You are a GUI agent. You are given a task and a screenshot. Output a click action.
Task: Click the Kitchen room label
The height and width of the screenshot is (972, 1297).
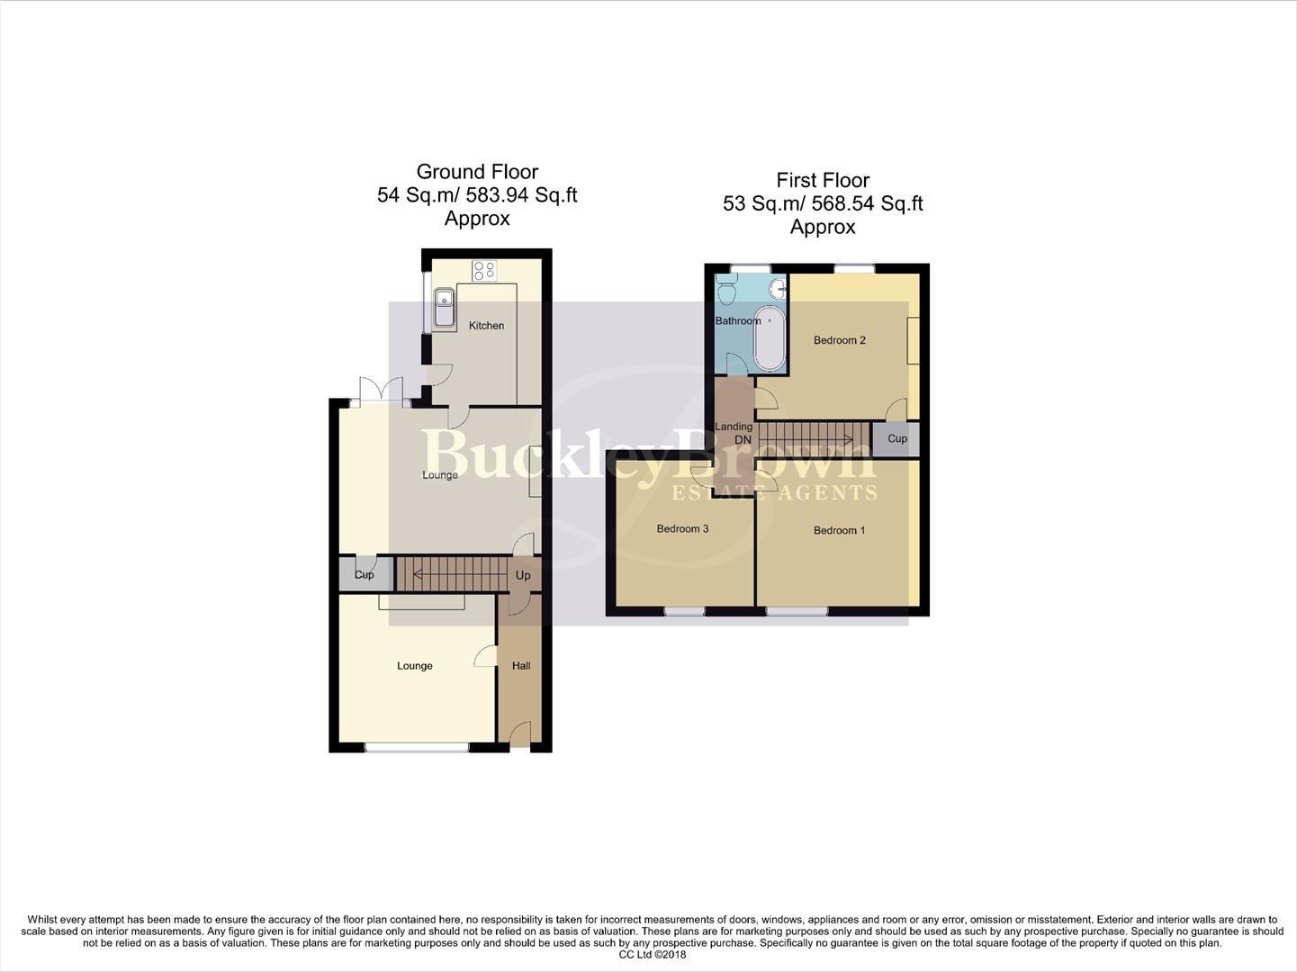[486, 326]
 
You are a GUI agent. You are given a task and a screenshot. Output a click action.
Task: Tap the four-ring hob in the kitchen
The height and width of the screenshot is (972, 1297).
[484, 269]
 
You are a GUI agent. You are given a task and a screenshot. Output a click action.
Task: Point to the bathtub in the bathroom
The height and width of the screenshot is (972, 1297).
[770, 338]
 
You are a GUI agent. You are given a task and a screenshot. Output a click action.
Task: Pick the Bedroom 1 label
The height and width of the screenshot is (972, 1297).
[839, 530]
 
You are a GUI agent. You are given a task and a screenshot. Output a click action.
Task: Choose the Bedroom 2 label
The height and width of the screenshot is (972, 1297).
[839, 340]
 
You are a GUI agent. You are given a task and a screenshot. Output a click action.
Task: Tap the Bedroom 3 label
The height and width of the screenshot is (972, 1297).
[682, 528]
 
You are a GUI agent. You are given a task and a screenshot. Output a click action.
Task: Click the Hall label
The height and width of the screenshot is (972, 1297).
[521, 666]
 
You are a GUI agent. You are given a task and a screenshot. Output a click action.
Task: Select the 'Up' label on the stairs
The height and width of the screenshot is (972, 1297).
[523, 575]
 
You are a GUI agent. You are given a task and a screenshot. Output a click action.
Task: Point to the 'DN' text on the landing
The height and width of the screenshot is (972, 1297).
[743, 440]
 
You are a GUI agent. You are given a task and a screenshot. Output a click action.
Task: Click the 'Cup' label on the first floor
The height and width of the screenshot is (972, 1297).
[897, 439]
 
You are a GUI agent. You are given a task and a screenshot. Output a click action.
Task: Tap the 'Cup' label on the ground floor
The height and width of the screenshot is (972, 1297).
[364, 575]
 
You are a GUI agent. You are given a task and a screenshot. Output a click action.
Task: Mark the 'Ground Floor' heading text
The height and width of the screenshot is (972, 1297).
[477, 172]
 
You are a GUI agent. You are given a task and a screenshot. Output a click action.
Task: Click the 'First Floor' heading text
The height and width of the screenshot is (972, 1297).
[823, 180]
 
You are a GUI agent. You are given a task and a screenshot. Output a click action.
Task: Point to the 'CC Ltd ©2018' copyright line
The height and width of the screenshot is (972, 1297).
[653, 955]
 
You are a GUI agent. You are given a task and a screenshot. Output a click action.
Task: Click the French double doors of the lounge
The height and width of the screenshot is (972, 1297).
[382, 391]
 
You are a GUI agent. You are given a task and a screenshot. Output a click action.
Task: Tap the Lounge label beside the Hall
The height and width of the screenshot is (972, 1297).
[415, 666]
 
